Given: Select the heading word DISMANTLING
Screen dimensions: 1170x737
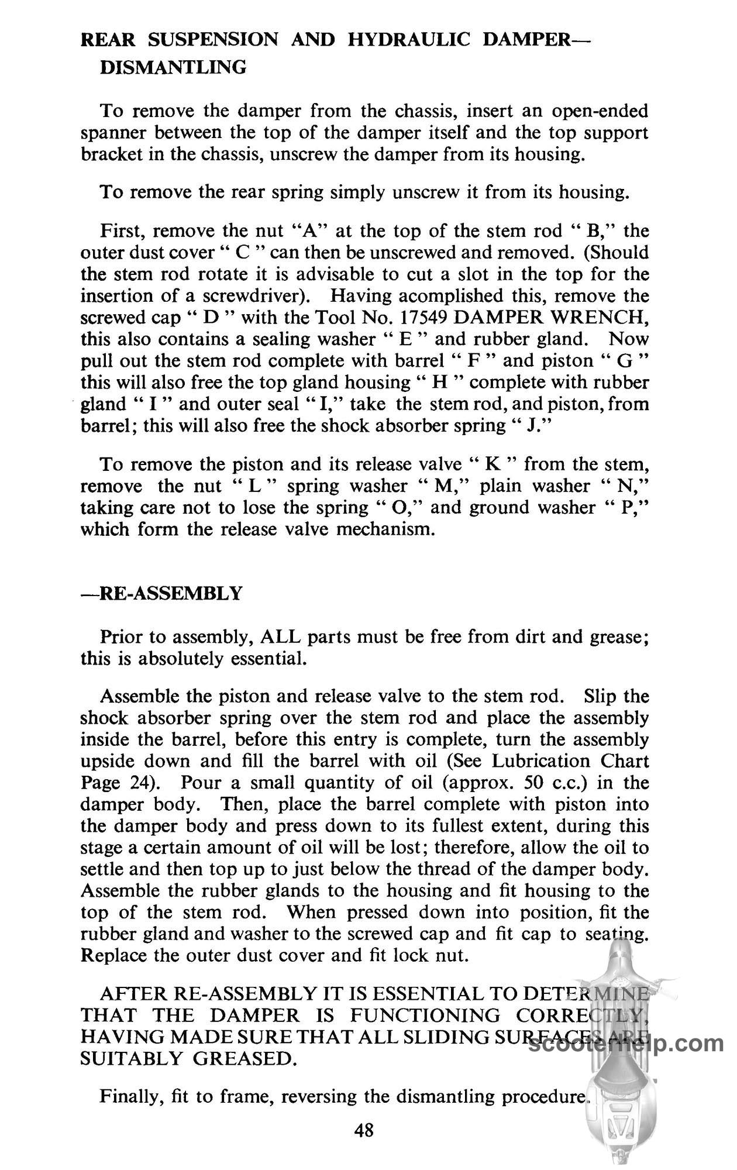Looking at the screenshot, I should (174, 67).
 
